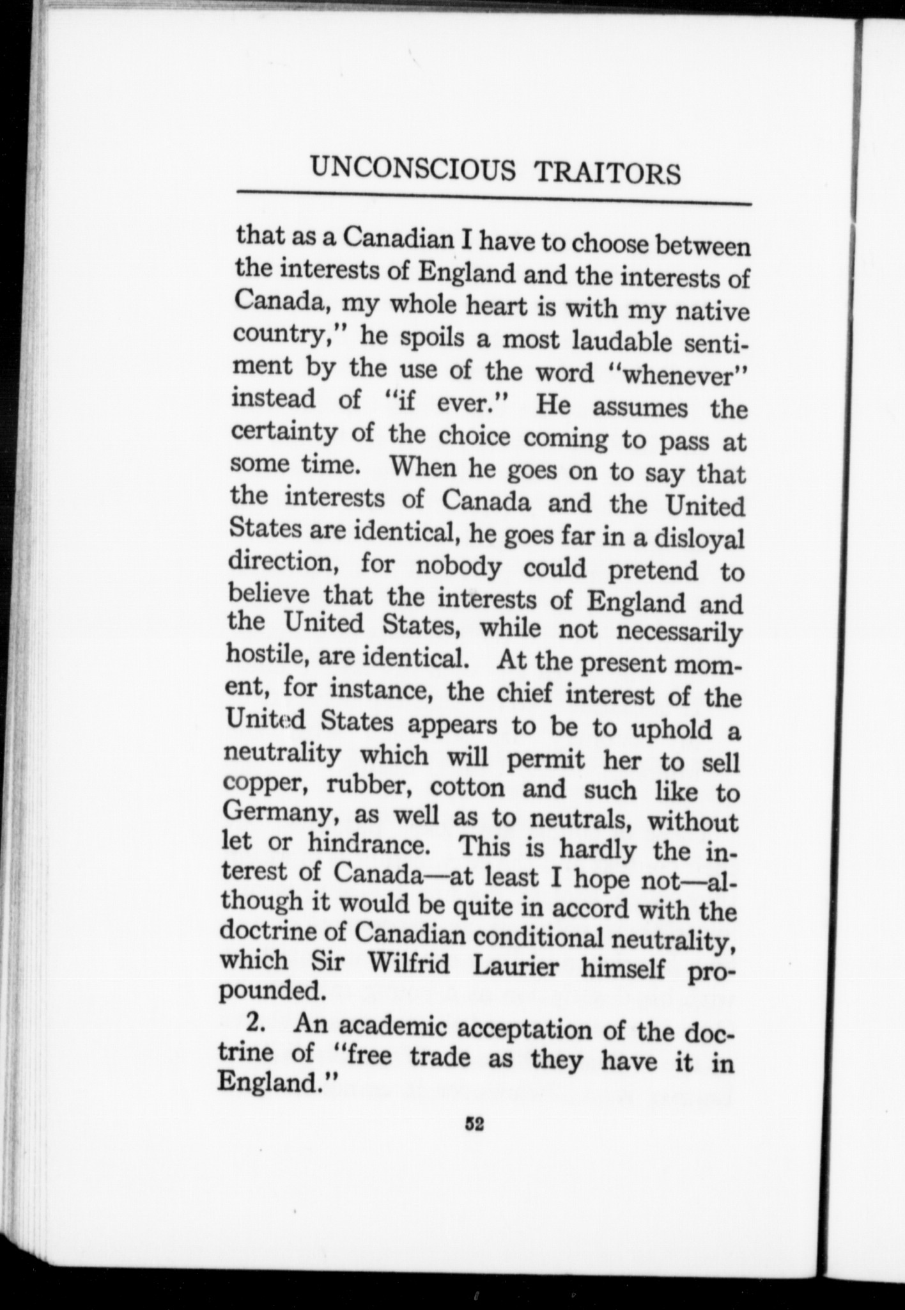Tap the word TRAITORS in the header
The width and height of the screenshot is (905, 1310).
point(607,173)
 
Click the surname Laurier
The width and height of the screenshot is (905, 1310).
point(515,967)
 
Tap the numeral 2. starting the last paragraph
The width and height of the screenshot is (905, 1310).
point(256,1023)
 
